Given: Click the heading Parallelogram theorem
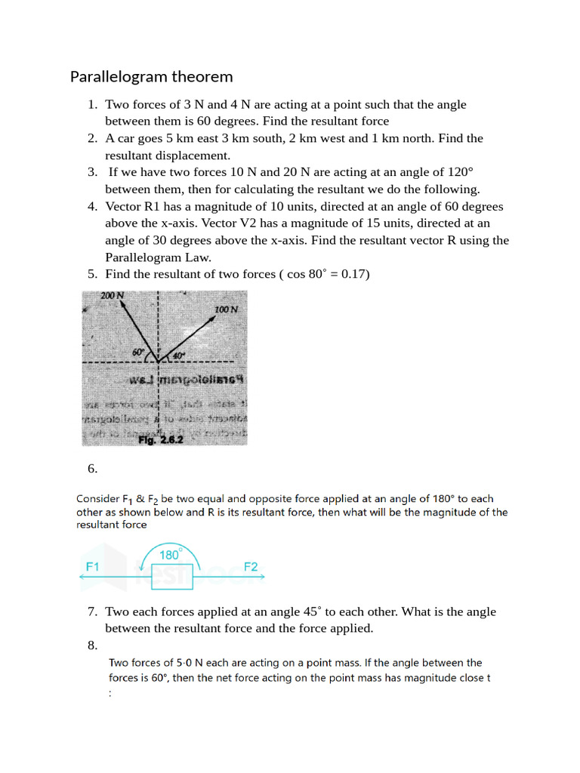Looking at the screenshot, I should [x=151, y=76].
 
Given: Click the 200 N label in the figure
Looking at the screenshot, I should [x=113, y=296].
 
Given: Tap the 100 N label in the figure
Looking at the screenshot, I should [x=226, y=310].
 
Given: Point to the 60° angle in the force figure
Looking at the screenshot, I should [x=138, y=352].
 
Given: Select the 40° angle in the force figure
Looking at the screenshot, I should [x=178, y=356].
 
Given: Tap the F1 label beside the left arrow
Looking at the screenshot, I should [x=93, y=566].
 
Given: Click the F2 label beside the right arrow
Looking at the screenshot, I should [x=251, y=566].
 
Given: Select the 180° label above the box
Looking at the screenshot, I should [x=170, y=555].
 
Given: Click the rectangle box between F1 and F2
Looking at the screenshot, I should [x=172, y=577].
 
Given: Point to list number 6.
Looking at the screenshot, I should [x=92, y=469].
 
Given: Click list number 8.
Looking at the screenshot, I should [x=92, y=645].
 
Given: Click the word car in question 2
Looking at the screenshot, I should [x=126, y=138].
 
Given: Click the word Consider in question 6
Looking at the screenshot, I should [x=97, y=499].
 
